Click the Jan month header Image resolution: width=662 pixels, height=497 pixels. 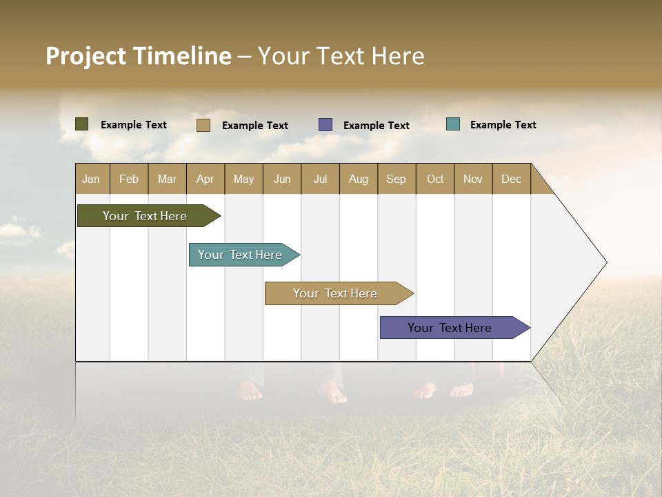[91, 179]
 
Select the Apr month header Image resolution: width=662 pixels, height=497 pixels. [205, 179]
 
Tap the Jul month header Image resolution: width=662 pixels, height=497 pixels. [320, 179]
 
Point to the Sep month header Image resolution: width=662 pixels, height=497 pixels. [396, 179]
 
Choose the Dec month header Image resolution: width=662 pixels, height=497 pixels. [511, 179]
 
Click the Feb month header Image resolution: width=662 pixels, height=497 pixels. [129, 179]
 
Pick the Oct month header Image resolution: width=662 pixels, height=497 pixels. [435, 179]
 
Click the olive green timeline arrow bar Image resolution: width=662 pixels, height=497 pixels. [145, 216]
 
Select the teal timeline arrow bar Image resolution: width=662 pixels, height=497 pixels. [240, 255]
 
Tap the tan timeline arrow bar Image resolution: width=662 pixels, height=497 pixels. [335, 293]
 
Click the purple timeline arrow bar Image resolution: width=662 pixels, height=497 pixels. [450, 328]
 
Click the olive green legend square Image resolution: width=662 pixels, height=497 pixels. [81, 124]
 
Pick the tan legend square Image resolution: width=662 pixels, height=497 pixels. [203, 125]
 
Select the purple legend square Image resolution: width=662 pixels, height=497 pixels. [325, 125]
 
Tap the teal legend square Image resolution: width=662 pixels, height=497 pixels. [453, 124]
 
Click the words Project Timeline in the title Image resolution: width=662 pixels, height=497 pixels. [139, 56]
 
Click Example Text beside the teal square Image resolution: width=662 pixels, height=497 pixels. [503, 125]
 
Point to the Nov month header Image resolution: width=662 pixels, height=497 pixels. [473, 179]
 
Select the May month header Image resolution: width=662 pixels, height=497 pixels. [243, 179]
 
